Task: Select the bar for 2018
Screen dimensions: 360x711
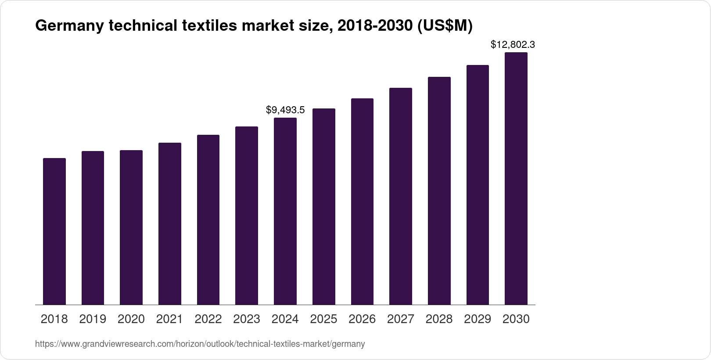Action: coord(54,231)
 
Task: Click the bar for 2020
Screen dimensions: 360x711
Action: coord(131,227)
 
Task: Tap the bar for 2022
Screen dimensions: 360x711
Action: coord(208,220)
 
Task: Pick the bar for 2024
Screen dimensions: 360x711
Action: coord(285,211)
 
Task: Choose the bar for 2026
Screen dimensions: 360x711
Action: coord(362,202)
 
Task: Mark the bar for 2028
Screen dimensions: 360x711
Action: coord(439,191)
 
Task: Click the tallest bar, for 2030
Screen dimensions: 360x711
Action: coord(516,178)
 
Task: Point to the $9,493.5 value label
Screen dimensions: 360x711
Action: coord(285,110)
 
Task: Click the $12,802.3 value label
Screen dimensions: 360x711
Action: coord(513,44)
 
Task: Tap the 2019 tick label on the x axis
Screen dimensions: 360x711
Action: coord(93,319)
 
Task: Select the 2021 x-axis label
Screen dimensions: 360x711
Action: coord(169,319)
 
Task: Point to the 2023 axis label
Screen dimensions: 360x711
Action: coord(247,319)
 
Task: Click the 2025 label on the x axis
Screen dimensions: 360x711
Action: coord(323,319)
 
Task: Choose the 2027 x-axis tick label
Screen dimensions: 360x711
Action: coord(401,319)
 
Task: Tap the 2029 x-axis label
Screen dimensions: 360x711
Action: coord(478,319)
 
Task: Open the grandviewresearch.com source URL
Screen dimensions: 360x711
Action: coord(200,344)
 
